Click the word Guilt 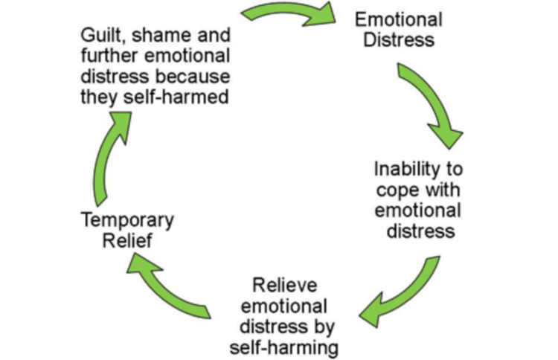(102, 36)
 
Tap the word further (105, 57)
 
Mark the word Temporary (127, 220)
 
